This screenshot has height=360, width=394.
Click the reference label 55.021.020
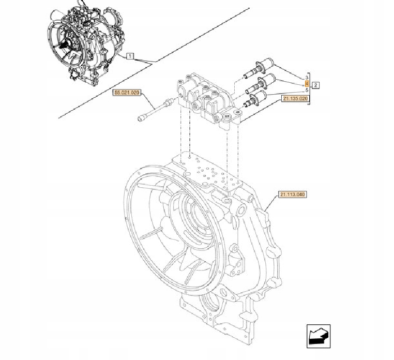point(126,93)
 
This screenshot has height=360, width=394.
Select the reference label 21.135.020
point(295,98)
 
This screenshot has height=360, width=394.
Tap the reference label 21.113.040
point(292,194)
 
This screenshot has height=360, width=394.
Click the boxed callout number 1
point(130,55)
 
